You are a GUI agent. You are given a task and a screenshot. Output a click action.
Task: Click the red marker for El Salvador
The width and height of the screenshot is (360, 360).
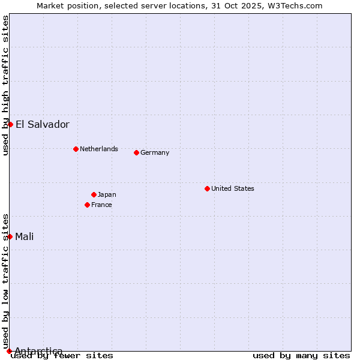[10, 124]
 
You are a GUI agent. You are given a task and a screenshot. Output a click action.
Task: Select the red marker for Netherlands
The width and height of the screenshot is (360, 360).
[76, 149]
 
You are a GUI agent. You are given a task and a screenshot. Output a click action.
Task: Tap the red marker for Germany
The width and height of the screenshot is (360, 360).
[136, 152]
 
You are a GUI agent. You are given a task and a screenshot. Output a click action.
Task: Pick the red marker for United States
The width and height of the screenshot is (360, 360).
[207, 188]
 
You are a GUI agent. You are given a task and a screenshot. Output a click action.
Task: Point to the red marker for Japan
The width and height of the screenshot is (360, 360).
[94, 194]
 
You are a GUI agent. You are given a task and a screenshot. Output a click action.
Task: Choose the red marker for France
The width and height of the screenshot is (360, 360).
[87, 205]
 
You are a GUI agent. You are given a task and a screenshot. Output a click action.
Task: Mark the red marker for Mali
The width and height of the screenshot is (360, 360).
[10, 236]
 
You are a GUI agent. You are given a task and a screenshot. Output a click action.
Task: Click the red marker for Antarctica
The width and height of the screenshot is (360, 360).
[9, 351]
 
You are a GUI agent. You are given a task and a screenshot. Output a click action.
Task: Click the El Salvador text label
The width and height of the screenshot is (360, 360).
[43, 125]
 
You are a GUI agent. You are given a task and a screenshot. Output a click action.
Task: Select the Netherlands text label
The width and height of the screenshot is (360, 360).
[99, 149]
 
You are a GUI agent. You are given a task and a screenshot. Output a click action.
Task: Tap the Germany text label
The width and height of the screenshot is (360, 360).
[155, 152]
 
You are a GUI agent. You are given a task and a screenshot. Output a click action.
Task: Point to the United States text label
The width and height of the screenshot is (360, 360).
[233, 188]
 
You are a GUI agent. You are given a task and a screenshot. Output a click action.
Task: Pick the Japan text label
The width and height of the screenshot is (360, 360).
[107, 194]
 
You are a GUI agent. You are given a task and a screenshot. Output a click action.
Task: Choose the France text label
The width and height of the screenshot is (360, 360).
[101, 205]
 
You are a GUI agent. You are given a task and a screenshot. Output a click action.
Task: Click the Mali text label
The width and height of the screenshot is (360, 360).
[25, 236]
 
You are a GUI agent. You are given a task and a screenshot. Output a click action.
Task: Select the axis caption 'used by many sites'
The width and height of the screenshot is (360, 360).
[301, 356]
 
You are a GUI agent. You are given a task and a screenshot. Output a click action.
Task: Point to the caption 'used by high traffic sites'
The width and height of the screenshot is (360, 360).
[5, 85]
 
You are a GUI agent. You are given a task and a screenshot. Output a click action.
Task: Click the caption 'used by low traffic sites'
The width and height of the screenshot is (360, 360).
[5, 281]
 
